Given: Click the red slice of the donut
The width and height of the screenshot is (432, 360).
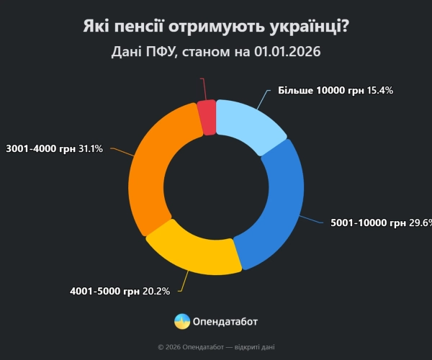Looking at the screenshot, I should (x=207, y=117).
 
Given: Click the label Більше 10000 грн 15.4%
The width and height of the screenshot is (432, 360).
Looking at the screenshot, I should (x=335, y=91).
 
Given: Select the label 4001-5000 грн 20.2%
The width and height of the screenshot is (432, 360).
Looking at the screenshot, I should (x=120, y=292).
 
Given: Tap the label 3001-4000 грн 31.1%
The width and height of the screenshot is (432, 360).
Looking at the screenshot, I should (x=54, y=148).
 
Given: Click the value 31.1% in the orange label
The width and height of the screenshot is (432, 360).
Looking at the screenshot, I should (x=90, y=148).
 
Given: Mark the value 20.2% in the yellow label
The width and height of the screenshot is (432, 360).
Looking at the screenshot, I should (x=156, y=292).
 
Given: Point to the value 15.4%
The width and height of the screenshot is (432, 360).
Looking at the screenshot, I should (x=379, y=91).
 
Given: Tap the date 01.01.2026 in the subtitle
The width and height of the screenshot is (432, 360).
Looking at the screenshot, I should (x=287, y=53).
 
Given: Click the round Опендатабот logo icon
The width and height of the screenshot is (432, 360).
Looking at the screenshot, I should (x=182, y=321).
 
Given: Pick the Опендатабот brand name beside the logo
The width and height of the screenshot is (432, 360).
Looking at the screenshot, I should (x=225, y=321).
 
